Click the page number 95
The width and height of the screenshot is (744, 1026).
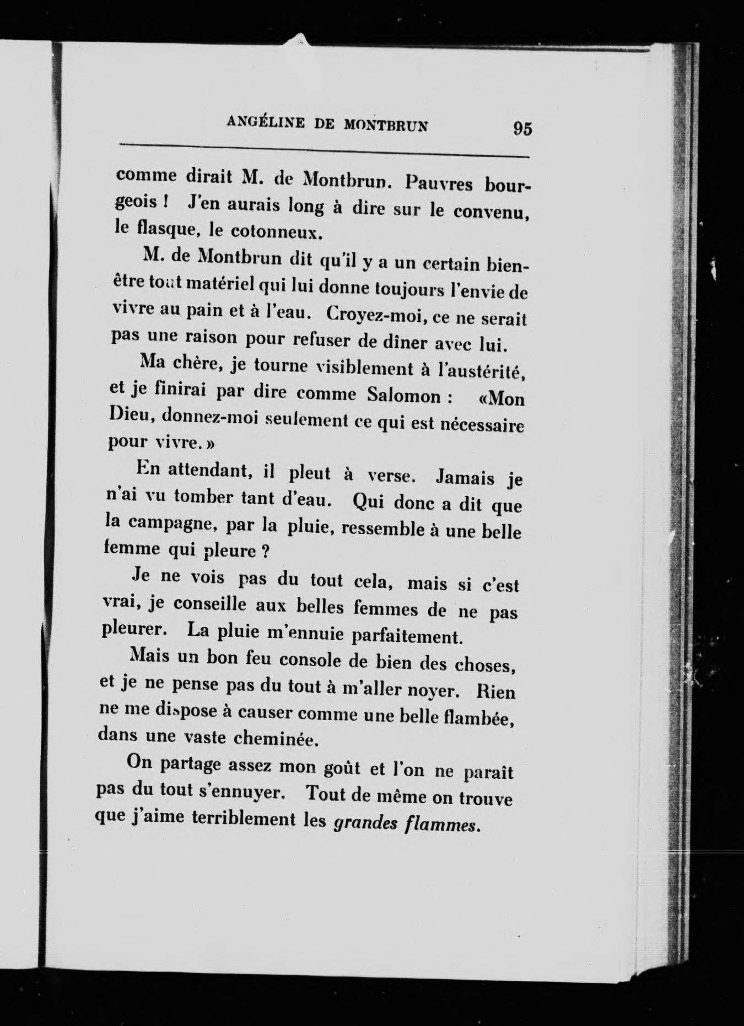(522, 128)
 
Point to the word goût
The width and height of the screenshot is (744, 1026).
(337, 768)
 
